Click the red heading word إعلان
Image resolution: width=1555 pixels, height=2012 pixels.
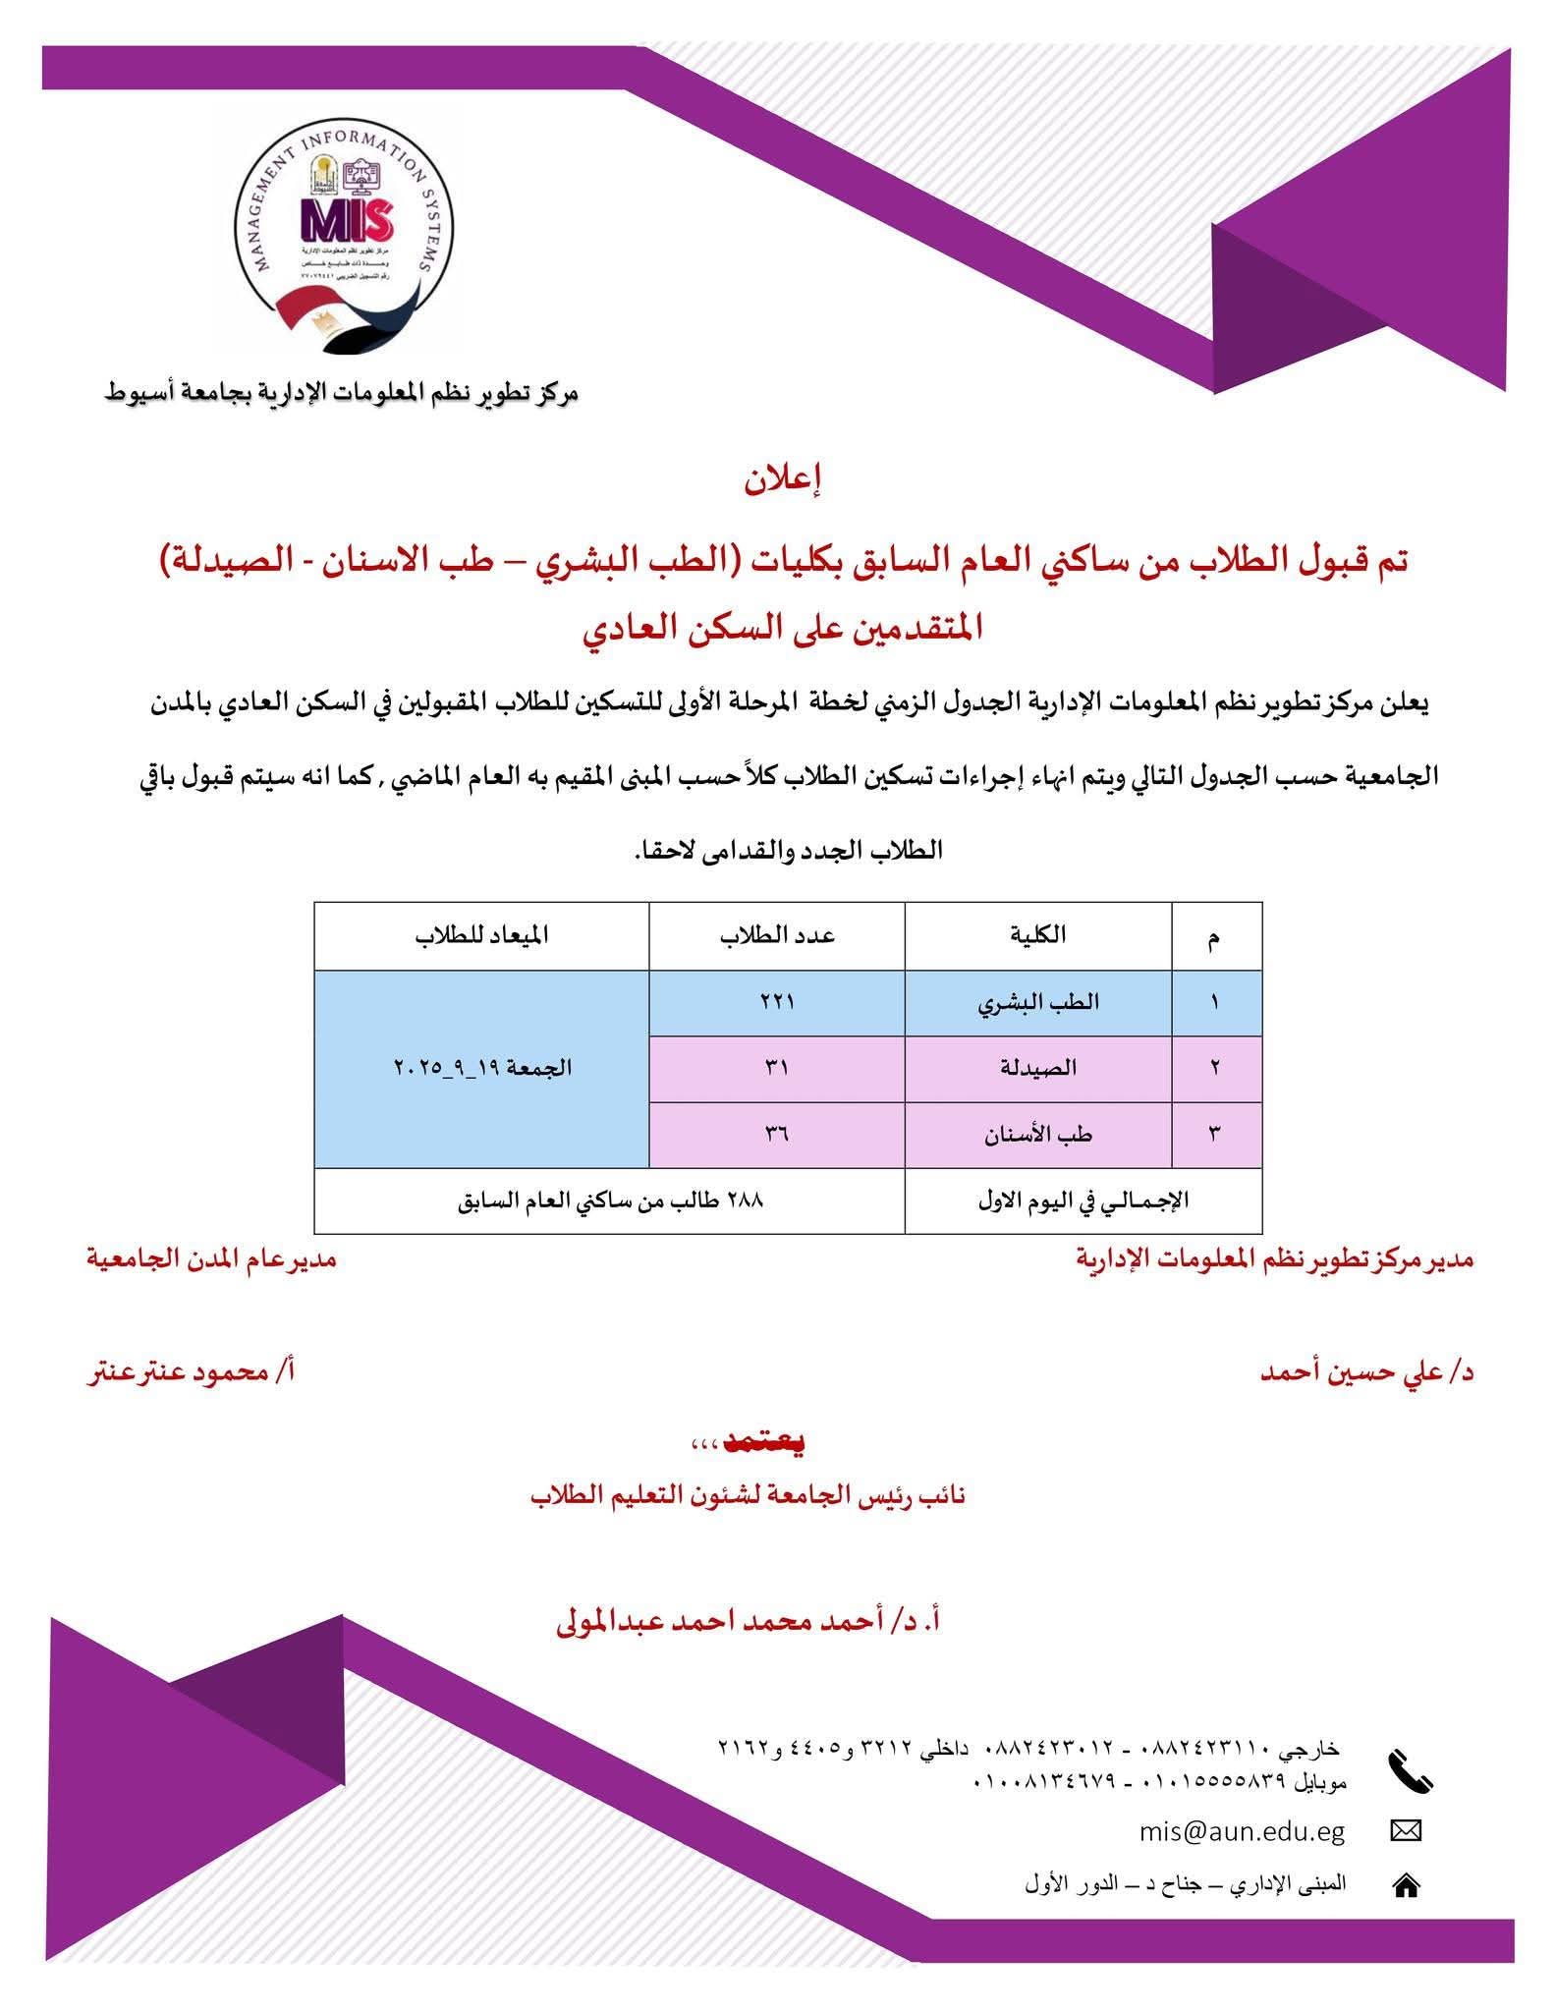(x=781, y=482)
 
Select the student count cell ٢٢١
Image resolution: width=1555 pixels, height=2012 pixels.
(x=777, y=1002)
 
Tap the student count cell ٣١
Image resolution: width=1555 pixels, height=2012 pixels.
(x=777, y=1068)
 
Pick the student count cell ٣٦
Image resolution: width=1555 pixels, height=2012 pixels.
(x=777, y=1135)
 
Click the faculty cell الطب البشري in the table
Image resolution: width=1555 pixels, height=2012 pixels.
(x=1038, y=1003)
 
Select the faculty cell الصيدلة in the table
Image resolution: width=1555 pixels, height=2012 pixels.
(x=1038, y=1068)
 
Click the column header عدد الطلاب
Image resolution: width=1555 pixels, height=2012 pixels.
(x=777, y=935)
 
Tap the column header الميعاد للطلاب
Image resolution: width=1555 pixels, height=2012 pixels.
(x=481, y=935)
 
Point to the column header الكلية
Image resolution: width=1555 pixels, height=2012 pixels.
(x=1038, y=935)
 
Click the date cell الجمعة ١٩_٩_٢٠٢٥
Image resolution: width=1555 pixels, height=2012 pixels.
(x=482, y=1068)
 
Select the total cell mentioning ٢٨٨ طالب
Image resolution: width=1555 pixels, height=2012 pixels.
(x=610, y=1201)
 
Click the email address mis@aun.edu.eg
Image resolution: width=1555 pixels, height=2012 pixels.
(x=1242, y=1832)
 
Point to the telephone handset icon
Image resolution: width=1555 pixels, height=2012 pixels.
(x=1410, y=1771)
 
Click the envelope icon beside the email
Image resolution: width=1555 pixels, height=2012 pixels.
(x=1407, y=1832)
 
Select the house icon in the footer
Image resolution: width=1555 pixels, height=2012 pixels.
(x=1406, y=1885)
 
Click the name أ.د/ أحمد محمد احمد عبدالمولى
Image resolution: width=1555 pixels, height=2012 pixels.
(x=749, y=1621)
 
